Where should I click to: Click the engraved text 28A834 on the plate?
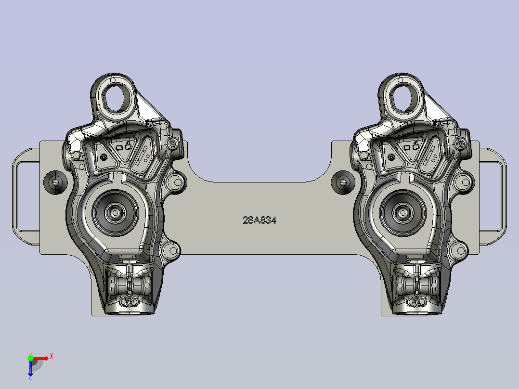pyautogui.click(x=259, y=220)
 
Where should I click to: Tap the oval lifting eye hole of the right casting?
pyautogui.click(x=403, y=98)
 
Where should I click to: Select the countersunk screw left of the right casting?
pyautogui.click(x=343, y=182)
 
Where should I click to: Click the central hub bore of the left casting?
pyautogui.click(x=115, y=213)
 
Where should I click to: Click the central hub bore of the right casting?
pyautogui.click(x=402, y=213)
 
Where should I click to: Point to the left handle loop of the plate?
pyautogui.click(x=14, y=196)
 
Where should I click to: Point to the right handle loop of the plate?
pyautogui.click(x=504, y=196)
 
